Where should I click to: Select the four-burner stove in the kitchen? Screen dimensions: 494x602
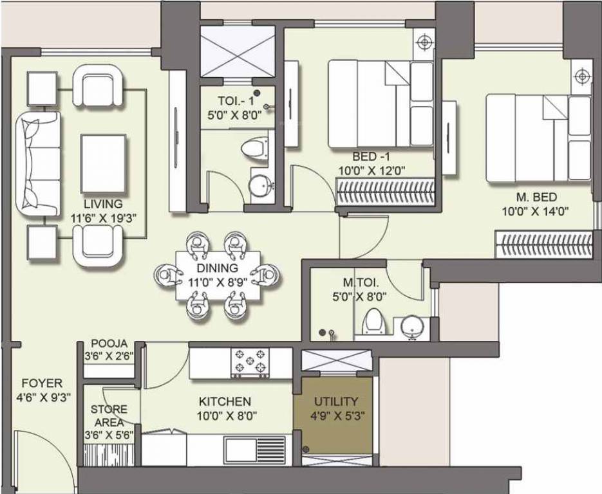tap(249, 363)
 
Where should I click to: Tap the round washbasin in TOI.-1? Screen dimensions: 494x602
tap(261, 184)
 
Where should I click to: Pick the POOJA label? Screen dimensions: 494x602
tap(109, 343)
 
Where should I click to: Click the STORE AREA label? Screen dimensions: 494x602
tap(109, 416)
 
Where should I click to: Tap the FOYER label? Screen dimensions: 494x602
tap(41, 384)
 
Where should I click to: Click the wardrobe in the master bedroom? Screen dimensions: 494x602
tap(544, 244)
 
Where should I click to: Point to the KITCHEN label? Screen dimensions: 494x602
tap(225, 401)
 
